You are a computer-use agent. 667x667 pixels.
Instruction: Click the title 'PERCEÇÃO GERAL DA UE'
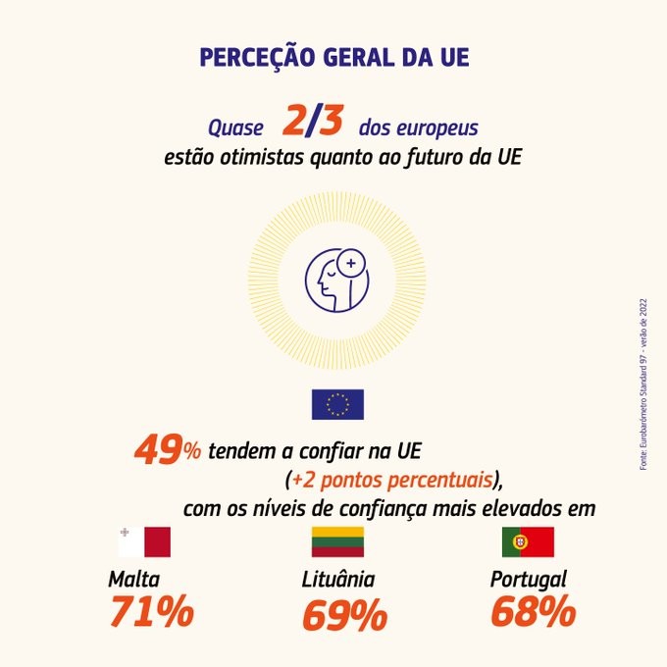pyautogui.click(x=333, y=57)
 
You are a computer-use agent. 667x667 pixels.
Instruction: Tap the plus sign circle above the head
pyautogui.click(x=351, y=264)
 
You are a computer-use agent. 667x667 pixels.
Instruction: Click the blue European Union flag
pyautogui.click(x=337, y=404)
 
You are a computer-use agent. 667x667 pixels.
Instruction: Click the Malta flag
pyautogui.click(x=143, y=541)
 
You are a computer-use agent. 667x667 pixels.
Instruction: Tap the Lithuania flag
pyautogui.click(x=337, y=541)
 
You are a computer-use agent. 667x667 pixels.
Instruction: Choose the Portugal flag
pyautogui.click(x=528, y=541)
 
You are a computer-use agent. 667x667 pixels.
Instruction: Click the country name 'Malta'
pyautogui.click(x=134, y=578)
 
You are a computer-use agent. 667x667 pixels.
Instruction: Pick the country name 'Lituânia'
pyautogui.click(x=337, y=579)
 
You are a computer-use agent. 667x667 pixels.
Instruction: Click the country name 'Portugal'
pyautogui.click(x=528, y=579)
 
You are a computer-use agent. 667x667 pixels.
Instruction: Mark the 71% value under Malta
pyautogui.click(x=151, y=612)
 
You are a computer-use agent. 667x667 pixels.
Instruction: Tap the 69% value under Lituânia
pyautogui.click(x=344, y=615)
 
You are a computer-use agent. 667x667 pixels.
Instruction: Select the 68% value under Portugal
pyautogui.click(x=533, y=612)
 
